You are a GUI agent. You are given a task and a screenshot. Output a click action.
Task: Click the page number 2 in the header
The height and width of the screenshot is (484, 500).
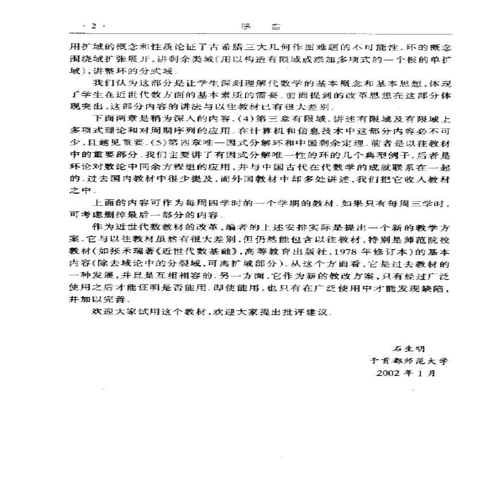(94, 26)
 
